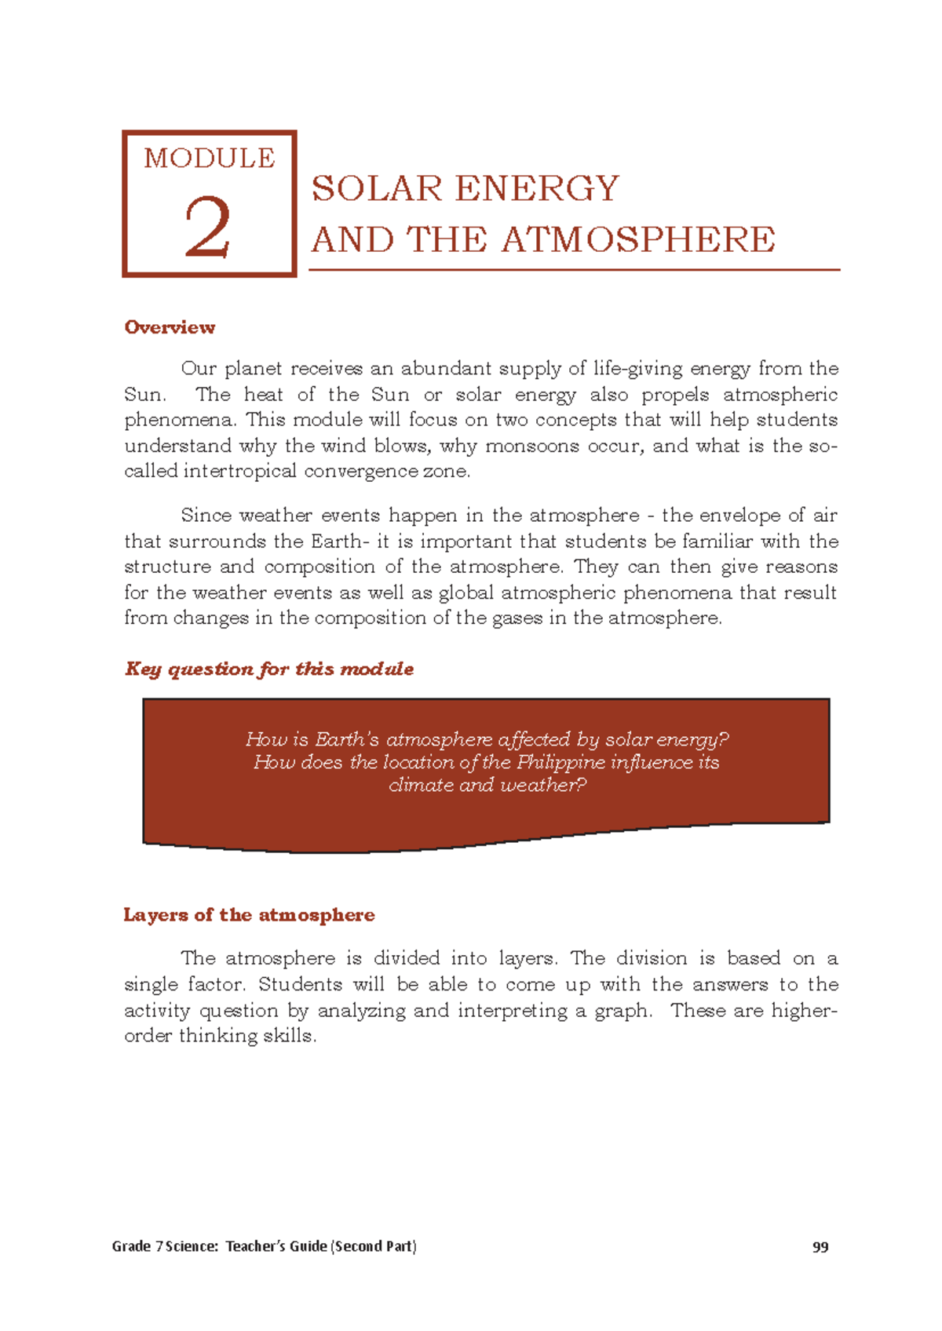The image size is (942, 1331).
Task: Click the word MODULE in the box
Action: tap(210, 159)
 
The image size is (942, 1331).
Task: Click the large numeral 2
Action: tap(208, 228)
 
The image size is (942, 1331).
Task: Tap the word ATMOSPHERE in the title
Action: tap(638, 240)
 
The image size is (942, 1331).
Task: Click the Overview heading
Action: tap(170, 327)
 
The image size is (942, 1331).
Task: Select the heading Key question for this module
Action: tap(269, 669)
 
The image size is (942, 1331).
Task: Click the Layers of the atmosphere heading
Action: tap(249, 915)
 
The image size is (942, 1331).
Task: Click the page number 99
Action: tap(820, 1247)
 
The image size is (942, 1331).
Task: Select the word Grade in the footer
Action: tap(130, 1246)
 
